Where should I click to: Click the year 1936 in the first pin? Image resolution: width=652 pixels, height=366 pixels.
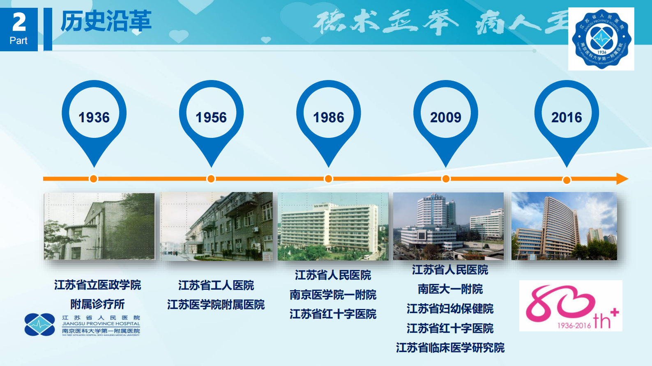coord(94,117)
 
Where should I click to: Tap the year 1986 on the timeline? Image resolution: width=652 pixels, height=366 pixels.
coord(328,117)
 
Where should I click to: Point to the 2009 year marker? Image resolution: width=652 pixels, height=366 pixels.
coord(446,117)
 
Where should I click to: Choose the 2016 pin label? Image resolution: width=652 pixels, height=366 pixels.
coord(567,117)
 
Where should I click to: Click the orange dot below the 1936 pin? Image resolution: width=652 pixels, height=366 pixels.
coord(94,179)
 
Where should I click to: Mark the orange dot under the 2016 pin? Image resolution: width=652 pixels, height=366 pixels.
coord(567,180)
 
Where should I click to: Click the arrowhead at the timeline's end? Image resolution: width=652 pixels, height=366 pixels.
coord(622,179)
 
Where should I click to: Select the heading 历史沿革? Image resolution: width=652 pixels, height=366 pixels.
coord(106,21)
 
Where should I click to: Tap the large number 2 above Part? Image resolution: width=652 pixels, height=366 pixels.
coord(19,22)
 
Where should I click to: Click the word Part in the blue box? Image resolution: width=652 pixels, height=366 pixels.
coord(18,41)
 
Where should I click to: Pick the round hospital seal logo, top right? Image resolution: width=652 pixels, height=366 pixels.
coord(601,39)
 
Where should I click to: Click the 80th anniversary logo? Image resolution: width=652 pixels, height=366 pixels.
coord(570,306)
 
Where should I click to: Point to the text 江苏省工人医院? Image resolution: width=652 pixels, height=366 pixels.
coord(216,285)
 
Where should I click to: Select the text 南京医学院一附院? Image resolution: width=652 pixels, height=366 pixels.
coord(333,295)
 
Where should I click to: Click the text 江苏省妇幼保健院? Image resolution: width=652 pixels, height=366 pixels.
coord(450,309)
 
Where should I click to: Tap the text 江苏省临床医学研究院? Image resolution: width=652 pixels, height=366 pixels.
coord(450,348)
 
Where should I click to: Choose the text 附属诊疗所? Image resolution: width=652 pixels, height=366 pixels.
coord(97,304)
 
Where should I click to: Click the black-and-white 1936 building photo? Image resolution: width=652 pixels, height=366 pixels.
coord(99,226)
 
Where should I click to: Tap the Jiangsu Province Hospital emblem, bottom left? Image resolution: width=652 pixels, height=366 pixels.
coord(39,325)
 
